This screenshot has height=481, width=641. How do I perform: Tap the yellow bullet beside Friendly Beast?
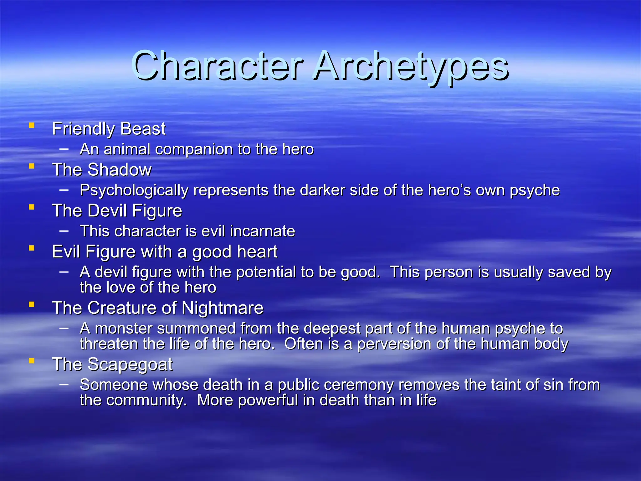click(31, 126)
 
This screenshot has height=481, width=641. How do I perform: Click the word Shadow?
click(120, 170)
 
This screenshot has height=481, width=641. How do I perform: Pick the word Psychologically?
click(134, 190)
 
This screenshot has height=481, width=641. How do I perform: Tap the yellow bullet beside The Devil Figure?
click(31, 207)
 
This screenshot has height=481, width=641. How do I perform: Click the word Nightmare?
click(222, 308)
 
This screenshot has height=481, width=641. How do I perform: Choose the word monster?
click(123, 328)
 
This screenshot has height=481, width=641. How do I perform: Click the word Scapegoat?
click(130, 364)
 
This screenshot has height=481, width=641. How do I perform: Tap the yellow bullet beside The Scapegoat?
click(31, 361)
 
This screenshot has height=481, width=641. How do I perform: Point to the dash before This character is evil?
click(64, 231)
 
